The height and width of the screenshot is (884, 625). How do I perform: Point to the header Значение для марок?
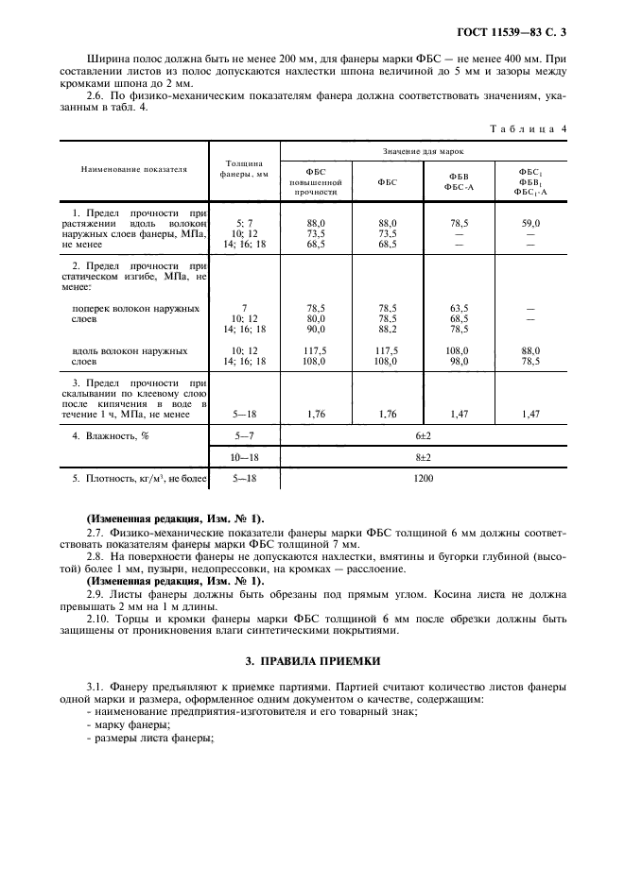coord(423,151)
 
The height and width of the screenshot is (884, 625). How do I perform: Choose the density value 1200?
coord(423,479)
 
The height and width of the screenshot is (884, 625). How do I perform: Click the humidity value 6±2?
coord(423,435)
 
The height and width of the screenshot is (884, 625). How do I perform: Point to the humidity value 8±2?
coord(423,457)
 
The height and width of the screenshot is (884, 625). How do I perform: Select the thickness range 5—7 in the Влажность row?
coord(244,435)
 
